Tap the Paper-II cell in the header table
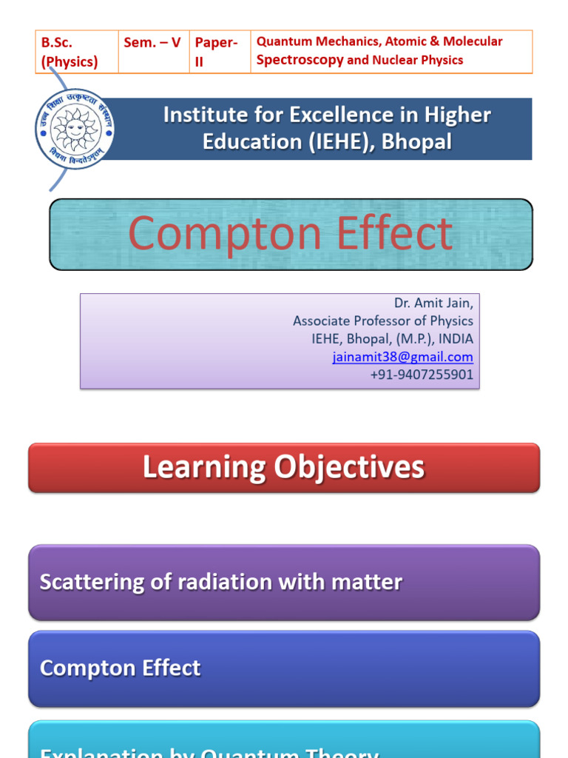point(216,52)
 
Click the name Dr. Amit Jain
point(433,303)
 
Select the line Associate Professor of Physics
point(383,321)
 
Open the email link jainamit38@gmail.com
point(403,357)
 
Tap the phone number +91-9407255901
point(422,375)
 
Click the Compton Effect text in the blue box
point(120,668)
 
